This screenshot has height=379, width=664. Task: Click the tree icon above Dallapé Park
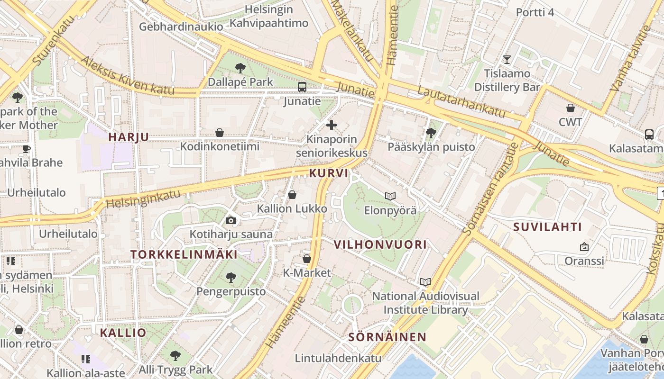240,68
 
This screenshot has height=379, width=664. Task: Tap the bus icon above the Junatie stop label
302,87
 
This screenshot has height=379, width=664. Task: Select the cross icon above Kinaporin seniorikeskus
332,125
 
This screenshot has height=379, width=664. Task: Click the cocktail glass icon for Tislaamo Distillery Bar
507,59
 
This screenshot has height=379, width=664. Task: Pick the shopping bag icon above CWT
571,108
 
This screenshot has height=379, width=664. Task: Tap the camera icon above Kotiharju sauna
231,220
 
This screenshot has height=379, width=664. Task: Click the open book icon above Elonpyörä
390,196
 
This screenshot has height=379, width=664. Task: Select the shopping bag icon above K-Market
307,259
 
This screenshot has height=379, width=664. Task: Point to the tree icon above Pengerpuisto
231,277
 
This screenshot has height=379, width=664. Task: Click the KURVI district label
329,173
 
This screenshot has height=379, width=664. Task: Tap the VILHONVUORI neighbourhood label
380,244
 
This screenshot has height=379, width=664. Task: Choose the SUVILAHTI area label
547,227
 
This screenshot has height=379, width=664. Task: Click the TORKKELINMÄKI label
184,254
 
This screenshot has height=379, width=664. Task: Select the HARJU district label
129,137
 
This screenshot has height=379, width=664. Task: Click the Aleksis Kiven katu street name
128,76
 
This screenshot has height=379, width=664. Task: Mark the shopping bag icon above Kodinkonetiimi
220,133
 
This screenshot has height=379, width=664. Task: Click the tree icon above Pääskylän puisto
431,133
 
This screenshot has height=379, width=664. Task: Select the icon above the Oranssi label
584,247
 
